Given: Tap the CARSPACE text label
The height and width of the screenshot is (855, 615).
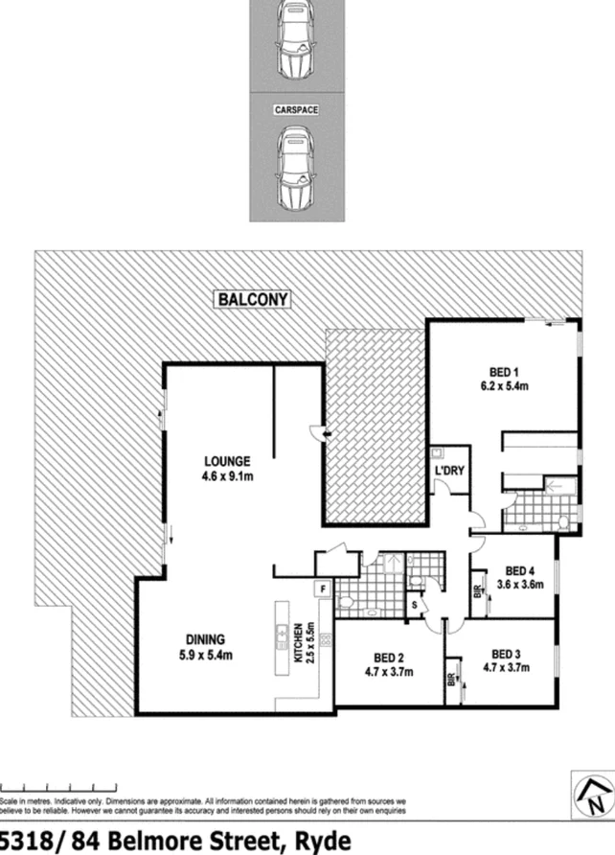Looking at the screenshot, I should [x=296, y=110].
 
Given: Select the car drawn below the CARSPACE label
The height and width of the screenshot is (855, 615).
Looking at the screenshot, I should [x=296, y=170].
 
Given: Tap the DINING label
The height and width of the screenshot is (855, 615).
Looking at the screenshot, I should [x=205, y=640].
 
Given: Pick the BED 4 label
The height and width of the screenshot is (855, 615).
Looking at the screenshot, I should [x=518, y=567].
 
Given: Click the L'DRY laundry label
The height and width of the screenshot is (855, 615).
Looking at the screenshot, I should [x=449, y=473].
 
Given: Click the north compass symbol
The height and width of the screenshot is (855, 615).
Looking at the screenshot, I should [x=591, y=795].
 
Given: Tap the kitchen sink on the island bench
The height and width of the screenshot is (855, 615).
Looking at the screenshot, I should [x=284, y=634].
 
